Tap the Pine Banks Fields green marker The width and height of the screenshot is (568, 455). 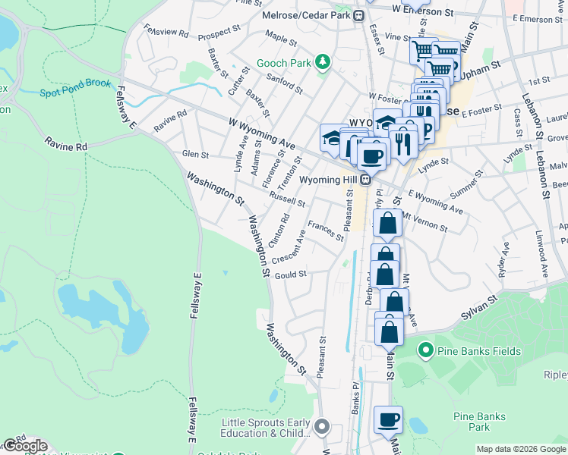tap(425, 351)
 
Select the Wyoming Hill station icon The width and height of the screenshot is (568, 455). tap(366, 180)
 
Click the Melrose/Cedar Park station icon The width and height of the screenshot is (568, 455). tap(358, 15)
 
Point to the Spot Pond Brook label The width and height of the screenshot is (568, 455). tap(75, 87)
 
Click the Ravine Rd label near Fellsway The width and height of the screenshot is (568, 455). tap(66, 143)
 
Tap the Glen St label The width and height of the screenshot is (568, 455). tap(195, 155)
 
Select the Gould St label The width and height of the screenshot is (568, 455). tap(291, 275)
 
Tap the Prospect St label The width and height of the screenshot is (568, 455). tap(219, 36)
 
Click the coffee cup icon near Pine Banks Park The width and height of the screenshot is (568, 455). tap(389, 420)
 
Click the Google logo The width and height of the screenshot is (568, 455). tap(24, 447)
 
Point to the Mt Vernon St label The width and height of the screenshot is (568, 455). tap(424, 222)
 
